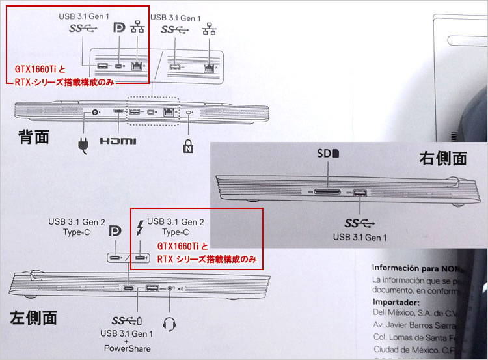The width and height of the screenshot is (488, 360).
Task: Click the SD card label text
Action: (329, 156)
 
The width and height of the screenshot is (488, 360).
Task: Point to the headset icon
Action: (170, 322)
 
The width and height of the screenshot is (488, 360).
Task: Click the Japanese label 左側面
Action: (33, 317)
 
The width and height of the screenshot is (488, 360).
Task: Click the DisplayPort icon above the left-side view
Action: (116, 232)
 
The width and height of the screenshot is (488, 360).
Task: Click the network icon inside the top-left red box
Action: (137, 29)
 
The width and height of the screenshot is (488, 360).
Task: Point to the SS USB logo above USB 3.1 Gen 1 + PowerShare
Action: (126, 321)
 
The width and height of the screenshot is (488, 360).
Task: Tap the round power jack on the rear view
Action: (96, 113)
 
